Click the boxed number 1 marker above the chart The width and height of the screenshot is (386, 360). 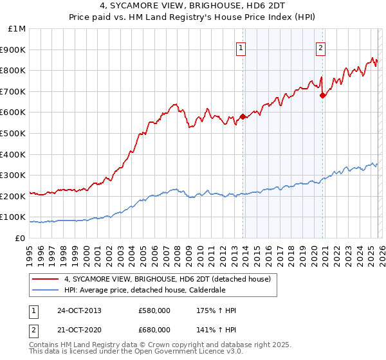tap(241, 46)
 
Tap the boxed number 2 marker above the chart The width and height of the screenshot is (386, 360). tap(320, 46)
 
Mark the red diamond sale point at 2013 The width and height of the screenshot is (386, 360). tap(243, 117)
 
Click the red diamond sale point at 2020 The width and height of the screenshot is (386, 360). tap(322, 96)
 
